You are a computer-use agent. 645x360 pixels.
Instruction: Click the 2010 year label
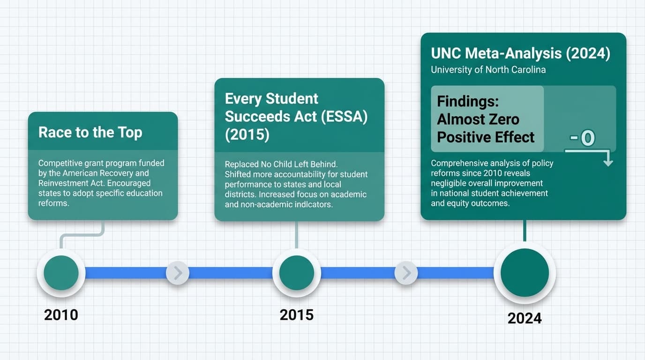point(61,315)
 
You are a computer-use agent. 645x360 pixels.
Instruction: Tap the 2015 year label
point(296,315)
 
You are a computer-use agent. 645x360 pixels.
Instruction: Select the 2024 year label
point(525,318)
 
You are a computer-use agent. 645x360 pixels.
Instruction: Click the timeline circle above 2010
point(61,273)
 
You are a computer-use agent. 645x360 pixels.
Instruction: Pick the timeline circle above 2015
point(296,273)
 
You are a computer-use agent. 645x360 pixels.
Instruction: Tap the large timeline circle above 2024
point(525,273)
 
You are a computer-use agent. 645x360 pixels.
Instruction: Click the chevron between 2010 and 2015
point(178,273)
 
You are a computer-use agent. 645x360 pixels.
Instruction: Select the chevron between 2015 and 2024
point(406,273)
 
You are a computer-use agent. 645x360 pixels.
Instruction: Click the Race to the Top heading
point(90,132)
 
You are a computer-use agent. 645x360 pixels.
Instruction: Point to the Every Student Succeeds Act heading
point(296,116)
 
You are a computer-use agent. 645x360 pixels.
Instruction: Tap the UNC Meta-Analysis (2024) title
point(520,53)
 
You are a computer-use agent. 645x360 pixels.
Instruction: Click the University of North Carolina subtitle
point(488,70)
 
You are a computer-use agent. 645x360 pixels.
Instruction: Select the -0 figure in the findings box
point(582,138)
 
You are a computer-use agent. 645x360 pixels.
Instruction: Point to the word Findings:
point(467,101)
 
